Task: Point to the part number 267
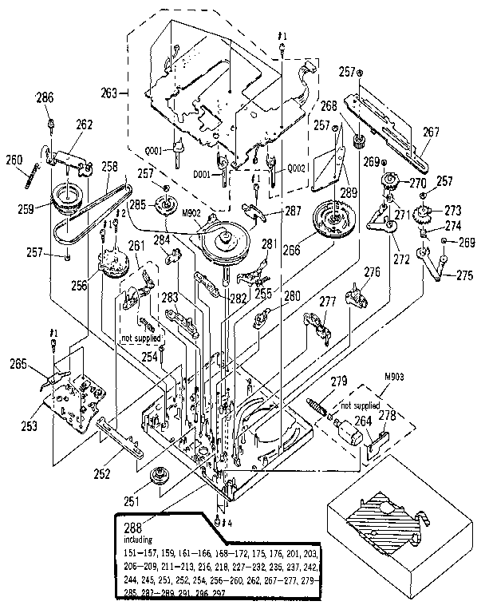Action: [431, 134]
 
